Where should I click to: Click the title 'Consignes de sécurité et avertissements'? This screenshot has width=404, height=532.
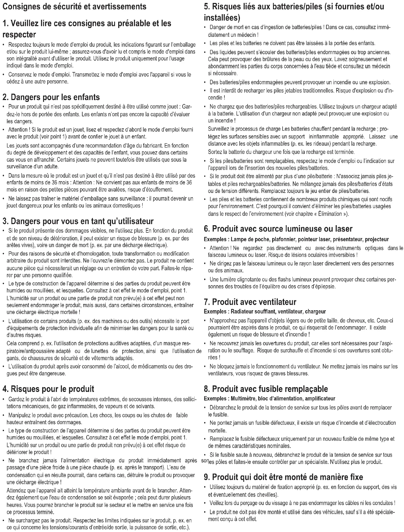(x=74, y=6)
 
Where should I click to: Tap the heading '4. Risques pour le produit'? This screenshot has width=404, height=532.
(x=48, y=389)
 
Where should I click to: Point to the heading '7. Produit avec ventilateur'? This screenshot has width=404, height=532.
(x=250, y=302)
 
